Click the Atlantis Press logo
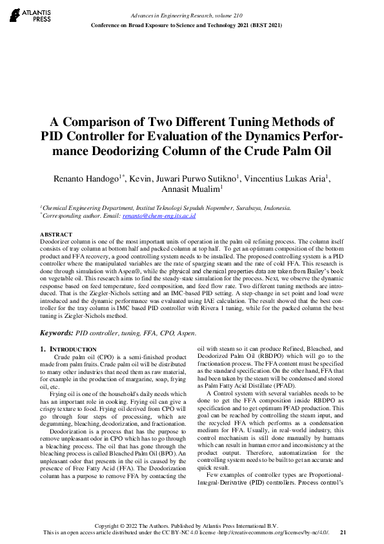point(25,15)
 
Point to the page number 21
point(343,532)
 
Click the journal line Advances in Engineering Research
point(170,14)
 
